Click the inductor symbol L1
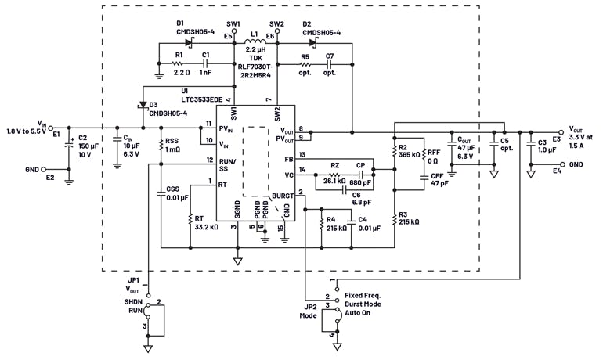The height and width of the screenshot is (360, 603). (x=255, y=42)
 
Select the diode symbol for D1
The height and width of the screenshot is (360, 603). (x=189, y=42)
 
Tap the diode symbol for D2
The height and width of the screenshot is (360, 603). (x=313, y=42)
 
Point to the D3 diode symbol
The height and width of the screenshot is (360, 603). (x=142, y=104)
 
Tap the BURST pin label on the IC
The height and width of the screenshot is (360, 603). (x=283, y=196)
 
